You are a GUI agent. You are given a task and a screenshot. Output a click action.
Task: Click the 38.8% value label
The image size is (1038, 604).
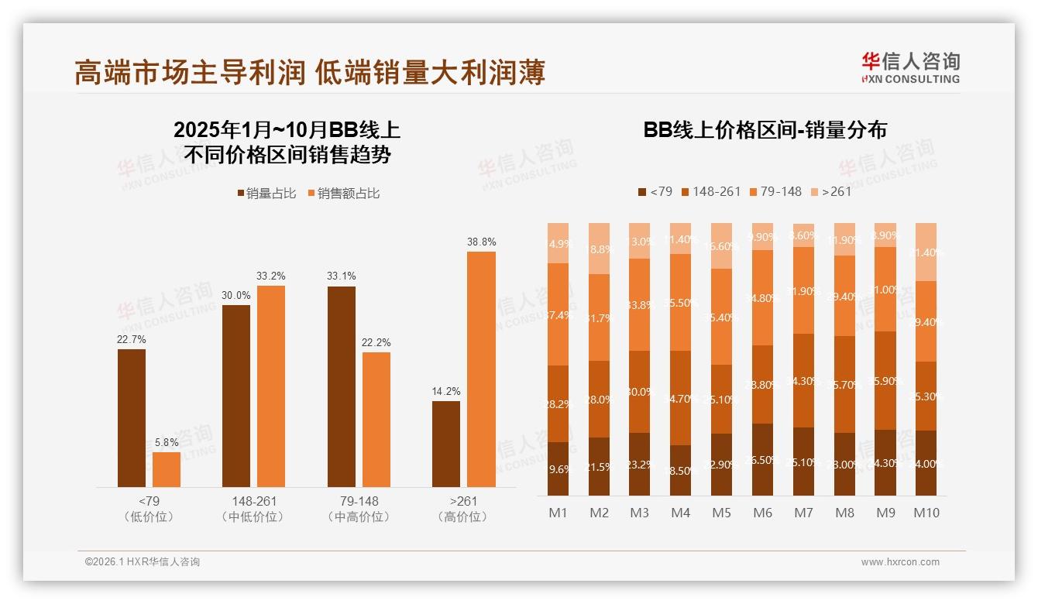coord(481,242)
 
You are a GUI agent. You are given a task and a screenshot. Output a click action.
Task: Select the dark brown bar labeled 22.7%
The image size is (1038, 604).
coord(132,418)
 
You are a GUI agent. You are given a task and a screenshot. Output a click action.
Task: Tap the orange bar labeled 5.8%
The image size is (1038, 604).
coord(167,469)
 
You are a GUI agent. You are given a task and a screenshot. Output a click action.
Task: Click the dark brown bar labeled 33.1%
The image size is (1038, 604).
coord(342,386)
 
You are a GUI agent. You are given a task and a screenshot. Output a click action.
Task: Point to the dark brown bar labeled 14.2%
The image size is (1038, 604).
coord(446,444)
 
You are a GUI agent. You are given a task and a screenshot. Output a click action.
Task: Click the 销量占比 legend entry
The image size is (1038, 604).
coord(266,194)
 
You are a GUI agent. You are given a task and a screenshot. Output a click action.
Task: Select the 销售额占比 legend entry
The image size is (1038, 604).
coord(344,194)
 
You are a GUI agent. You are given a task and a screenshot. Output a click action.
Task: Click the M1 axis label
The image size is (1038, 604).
coord(558,513)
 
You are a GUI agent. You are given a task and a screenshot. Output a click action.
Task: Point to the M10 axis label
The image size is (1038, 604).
coord(926,513)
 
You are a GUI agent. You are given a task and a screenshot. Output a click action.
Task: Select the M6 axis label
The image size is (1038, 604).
coord(762,513)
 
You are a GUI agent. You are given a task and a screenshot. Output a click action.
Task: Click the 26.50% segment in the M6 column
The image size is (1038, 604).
coord(762,459)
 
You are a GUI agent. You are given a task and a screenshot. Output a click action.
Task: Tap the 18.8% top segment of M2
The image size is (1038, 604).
coord(599,249)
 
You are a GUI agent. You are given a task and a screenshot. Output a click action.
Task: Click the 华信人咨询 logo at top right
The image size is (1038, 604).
coord(910,67)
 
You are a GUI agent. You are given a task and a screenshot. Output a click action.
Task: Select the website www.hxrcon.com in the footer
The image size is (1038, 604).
coord(900,562)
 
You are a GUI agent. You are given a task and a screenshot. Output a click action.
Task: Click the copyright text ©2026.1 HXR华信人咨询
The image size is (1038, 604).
coord(143,562)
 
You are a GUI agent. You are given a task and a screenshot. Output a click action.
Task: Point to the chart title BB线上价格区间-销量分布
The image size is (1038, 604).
coord(765,130)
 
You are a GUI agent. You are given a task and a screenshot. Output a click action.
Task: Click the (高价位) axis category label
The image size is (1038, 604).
coord(462,516)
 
